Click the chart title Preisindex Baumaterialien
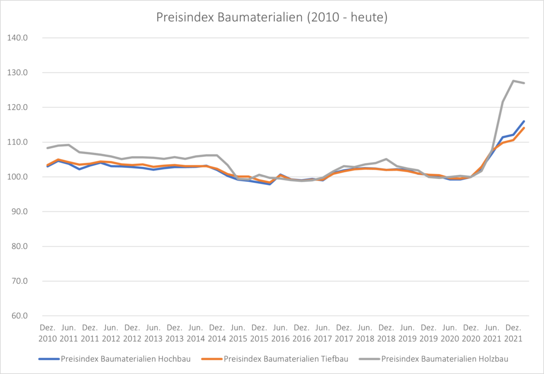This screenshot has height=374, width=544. [x=271, y=18]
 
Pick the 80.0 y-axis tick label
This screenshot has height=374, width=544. [x=19, y=246]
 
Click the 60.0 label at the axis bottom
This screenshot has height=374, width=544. [x=19, y=316]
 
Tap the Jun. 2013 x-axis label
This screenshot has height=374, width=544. [x=153, y=333]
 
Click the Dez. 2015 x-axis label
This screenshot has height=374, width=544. [x=259, y=333]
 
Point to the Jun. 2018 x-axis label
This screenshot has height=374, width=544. [x=365, y=333]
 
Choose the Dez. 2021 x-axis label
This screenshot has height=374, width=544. [x=513, y=333]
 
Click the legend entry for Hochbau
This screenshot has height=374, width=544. [x=115, y=359]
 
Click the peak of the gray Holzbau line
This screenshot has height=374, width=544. [x=514, y=81]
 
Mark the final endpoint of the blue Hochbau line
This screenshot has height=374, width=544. [x=524, y=121]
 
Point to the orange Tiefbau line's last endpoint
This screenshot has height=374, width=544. [x=524, y=128]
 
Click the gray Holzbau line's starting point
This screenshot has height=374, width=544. [x=47, y=148]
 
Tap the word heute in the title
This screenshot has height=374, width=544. [x=368, y=18]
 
